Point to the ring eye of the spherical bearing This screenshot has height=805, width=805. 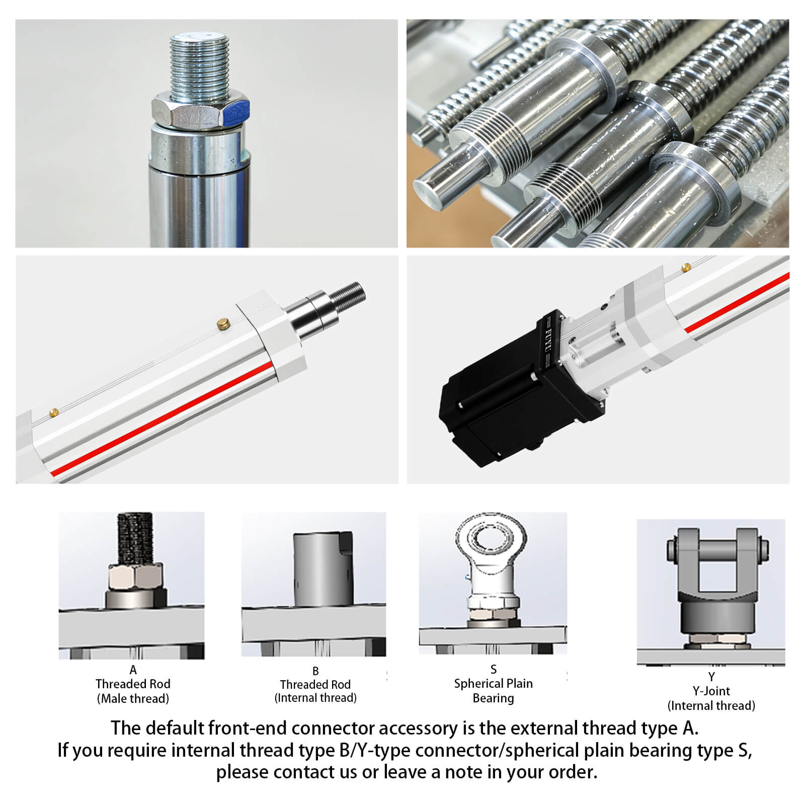491,540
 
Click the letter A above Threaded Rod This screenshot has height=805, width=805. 133,670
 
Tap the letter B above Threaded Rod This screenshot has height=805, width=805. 315,671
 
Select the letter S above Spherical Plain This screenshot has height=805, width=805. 493,670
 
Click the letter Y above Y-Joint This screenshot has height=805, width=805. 711,677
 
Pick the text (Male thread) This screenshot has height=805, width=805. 133,698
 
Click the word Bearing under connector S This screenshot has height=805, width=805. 493,698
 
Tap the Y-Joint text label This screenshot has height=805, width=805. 711,691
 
